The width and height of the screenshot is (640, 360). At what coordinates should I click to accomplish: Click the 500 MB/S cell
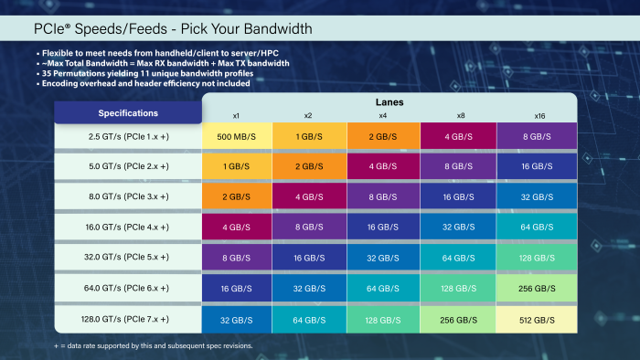pos(237,136)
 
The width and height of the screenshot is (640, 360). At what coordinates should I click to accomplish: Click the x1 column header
pos(237,116)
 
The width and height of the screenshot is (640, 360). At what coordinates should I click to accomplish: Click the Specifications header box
pos(128,113)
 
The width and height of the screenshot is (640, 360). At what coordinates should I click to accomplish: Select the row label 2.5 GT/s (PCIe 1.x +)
pos(128,136)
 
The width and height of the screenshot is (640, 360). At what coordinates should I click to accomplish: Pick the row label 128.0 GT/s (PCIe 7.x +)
pos(128,319)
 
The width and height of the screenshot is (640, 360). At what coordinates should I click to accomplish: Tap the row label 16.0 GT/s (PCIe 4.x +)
pos(128,228)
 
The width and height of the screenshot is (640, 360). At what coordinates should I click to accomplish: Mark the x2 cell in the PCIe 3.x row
pos(310,197)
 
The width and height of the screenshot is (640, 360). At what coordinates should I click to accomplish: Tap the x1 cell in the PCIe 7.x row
pos(237,319)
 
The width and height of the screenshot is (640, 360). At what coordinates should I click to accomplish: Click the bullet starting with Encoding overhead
pos(146,83)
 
